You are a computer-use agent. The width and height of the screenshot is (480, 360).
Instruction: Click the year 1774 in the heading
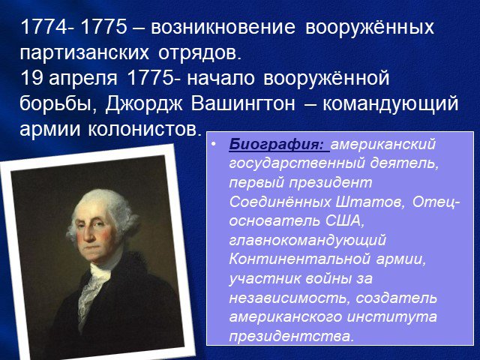tap(44, 27)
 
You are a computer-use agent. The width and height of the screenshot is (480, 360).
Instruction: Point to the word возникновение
tap(223, 27)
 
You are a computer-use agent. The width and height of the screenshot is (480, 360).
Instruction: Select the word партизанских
tap(85, 53)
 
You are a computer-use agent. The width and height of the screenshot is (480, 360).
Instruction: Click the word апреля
tap(82, 79)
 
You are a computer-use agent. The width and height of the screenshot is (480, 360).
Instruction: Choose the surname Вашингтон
tap(243, 104)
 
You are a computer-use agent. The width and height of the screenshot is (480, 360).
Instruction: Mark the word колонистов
tap(145, 130)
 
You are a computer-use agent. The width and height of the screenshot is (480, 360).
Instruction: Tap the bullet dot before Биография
tap(213, 143)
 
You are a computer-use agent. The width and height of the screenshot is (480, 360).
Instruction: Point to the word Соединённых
tap(280, 202)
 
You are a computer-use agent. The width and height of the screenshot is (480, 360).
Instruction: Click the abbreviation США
tap(343, 221)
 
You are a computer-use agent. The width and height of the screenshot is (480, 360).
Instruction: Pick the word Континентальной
tap(300, 259)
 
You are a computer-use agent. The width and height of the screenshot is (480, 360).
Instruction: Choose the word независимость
tap(289, 298)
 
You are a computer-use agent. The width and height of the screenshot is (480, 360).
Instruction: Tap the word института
tap(392, 317)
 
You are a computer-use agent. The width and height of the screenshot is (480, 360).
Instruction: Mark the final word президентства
tap(291, 337)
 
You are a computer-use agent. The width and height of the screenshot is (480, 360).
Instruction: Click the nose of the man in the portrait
tap(88, 233)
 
